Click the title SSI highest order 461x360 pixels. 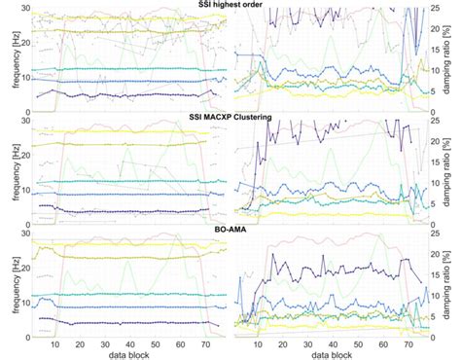click(230, 6)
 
